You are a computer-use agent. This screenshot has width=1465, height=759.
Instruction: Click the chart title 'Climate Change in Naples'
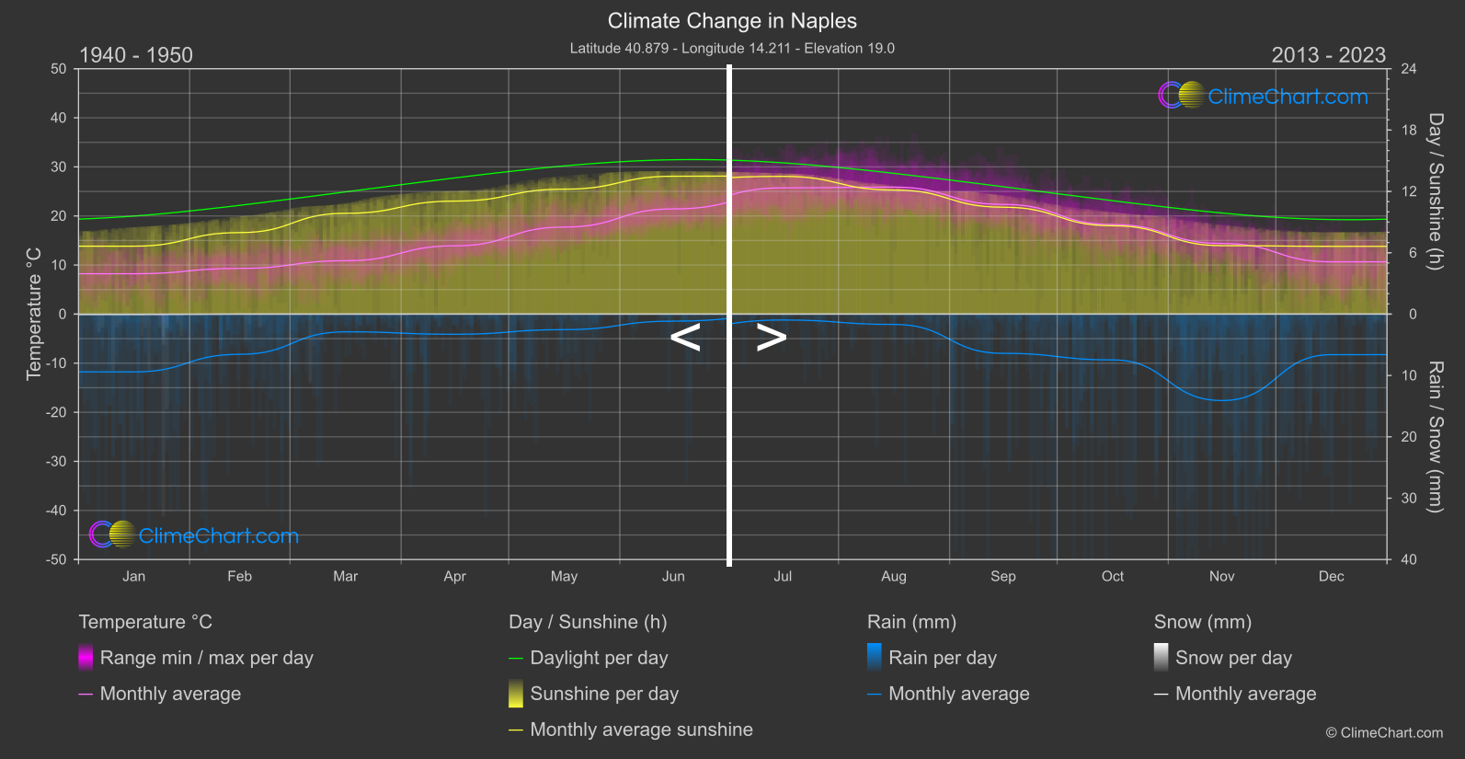(x=732, y=21)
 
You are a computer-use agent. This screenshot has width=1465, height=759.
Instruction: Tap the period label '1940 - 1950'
(x=136, y=55)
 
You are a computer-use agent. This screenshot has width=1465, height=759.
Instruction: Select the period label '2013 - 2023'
(x=1328, y=55)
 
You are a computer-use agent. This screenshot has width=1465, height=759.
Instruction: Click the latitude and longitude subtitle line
(x=732, y=48)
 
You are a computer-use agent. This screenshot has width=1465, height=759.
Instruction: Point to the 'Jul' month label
(x=783, y=576)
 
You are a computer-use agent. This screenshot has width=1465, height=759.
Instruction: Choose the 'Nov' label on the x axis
(x=1221, y=576)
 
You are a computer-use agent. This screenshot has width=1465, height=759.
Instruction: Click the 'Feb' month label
(x=239, y=576)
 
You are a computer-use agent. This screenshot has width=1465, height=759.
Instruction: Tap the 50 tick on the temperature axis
(x=59, y=69)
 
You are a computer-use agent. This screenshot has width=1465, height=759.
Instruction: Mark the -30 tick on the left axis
(x=57, y=461)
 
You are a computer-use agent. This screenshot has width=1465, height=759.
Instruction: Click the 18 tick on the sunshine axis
(x=1408, y=131)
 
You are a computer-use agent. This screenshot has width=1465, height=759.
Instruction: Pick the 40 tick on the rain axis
(x=1408, y=559)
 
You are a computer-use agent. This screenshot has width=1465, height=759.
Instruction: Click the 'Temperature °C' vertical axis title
(x=34, y=313)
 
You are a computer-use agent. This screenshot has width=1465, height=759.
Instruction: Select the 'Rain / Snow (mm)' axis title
(x=1435, y=436)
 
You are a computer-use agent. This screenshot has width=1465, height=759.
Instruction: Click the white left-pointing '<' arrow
(x=685, y=338)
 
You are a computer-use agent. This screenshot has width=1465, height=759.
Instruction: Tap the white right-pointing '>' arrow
(x=771, y=338)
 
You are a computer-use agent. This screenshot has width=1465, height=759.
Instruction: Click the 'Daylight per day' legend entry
(x=599, y=658)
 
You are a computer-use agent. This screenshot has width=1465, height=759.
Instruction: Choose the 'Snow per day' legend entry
(x=1233, y=658)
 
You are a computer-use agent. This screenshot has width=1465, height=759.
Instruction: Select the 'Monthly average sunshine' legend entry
(x=641, y=730)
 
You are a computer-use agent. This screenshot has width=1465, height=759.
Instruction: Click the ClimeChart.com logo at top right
(x=1264, y=96)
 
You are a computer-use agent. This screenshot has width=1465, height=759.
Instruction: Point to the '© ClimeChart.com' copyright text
(x=1384, y=733)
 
